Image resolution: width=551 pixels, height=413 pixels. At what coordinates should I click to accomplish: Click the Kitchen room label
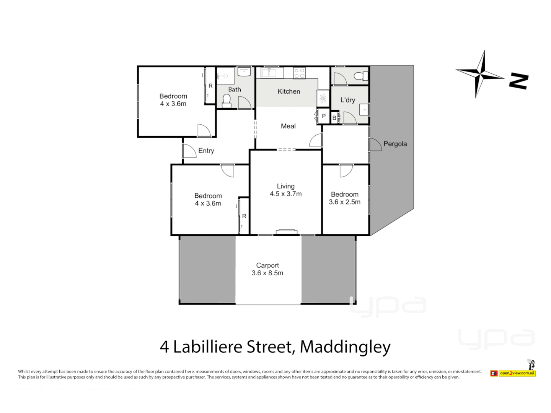click(x=289, y=91)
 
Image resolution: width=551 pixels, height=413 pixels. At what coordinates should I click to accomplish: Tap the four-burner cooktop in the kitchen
click(x=299, y=73)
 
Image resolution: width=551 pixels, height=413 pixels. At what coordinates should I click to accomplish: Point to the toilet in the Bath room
click(x=227, y=101)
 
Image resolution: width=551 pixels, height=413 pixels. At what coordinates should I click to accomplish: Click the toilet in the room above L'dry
click(x=360, y=76)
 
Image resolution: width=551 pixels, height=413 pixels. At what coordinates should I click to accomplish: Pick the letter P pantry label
click(x=324, y=116)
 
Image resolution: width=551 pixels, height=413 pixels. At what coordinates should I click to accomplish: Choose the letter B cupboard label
click(x=334, y=118)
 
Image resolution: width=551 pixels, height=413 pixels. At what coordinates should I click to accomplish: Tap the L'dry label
click(x=348, y=100)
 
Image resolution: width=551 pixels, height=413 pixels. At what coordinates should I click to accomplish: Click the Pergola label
click(x=395, y=144)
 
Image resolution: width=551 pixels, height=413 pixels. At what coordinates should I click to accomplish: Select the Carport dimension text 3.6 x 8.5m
click(x=267, y=273)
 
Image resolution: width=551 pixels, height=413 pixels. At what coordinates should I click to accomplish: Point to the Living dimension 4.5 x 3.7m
click(x=286, y=194)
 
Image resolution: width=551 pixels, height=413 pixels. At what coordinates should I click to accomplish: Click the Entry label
click(x=206, y=151)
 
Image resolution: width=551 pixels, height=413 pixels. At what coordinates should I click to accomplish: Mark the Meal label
click(x=288, y=126)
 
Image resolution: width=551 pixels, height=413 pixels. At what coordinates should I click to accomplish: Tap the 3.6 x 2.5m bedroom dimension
click(x=344, y=202)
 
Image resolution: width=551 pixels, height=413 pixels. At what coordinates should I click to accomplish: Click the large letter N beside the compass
click(x=519, y=81)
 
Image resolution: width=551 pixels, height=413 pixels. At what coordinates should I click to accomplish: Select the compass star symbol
click(x=481, y=73)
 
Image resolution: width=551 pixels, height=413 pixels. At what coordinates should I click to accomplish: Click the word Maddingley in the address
click(x=345, y=347)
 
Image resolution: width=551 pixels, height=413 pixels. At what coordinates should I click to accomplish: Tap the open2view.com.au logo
click(x=514, y=373)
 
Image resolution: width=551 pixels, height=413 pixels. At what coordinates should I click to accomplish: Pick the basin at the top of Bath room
click(x=244, y=71)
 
